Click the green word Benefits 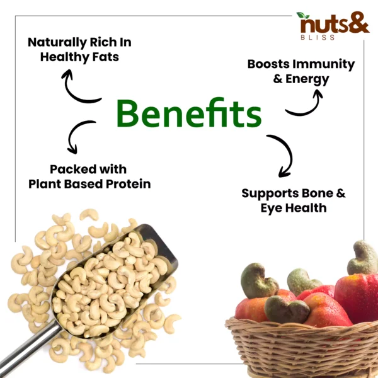(189, 113)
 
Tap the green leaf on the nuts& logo (303, 15)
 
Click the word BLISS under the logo (318, 37)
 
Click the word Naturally (57, 43)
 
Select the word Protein (129, 184)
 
